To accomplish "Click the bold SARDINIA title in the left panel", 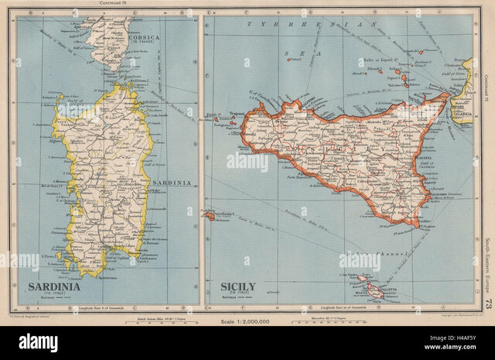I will pos(54,286).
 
